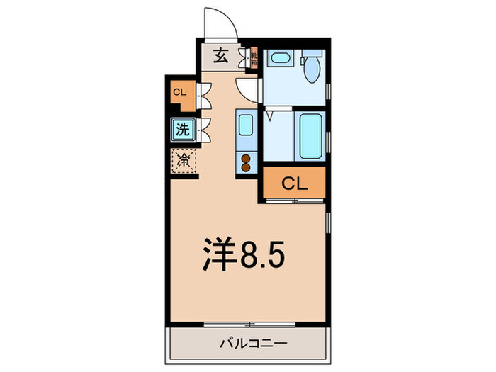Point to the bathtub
[310, 135]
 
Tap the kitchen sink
[245, 125]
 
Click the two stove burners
[246, 163]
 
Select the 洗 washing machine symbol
[182, 130]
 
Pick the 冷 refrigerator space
[183, 160]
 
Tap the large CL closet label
[294, 183]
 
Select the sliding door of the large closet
[295, 202]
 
